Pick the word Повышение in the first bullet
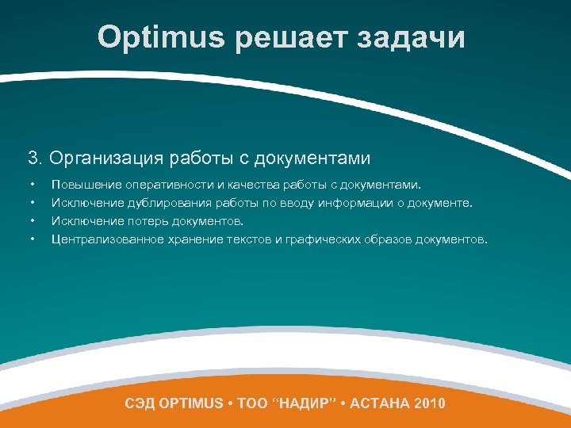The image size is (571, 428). click(x=86, y=185)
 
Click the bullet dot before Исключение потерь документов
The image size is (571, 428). click(x=33, y=220)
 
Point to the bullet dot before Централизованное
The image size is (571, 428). click(x=33, y=239)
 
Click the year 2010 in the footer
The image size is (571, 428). click(x=429, y=403)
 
